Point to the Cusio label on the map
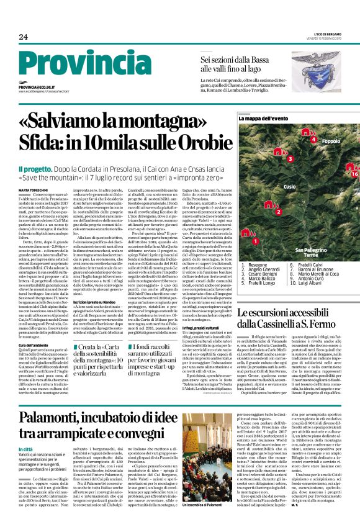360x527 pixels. [272, 186]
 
